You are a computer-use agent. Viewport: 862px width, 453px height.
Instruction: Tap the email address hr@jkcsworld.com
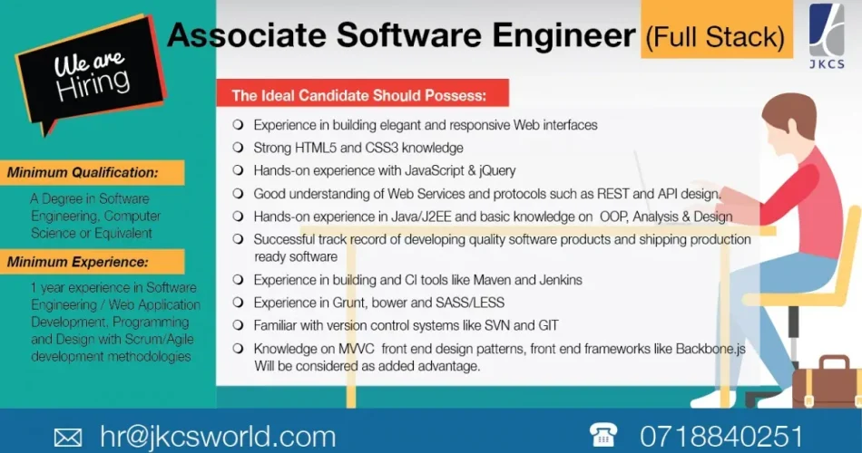click(x=218, y=437)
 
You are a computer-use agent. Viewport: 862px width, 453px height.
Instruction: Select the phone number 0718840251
click(x=721, y=437)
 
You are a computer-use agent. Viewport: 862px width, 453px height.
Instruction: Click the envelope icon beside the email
click(x=68, y=438)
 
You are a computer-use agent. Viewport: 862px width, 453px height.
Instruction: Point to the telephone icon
click(x=602, y=436)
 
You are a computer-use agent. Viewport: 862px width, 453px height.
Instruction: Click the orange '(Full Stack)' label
click(x=714, y=37)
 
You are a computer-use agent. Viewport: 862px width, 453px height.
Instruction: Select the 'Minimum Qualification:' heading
click(x=83, y=172)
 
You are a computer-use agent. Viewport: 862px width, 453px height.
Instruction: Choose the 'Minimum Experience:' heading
click(x=77, y=263)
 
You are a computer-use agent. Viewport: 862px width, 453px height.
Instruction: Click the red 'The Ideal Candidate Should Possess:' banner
click(x=359, y=94)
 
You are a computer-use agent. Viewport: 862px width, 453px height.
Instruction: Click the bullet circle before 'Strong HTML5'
click(x=238, y=147)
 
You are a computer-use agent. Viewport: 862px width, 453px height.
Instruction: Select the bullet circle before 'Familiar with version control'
click(x=238, y=325)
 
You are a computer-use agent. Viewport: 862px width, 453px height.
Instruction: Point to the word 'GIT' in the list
click(x=547, y=325)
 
